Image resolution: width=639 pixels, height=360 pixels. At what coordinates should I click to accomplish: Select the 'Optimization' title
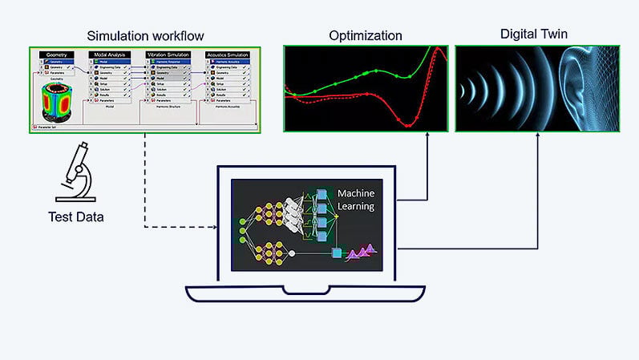[366, 35]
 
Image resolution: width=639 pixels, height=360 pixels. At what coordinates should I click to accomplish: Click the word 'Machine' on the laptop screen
[356, 194]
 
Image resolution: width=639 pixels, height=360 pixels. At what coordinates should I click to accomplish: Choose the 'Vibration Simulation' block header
[168, 54]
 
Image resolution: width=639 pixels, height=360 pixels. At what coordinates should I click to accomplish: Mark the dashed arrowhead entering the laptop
[216, 227]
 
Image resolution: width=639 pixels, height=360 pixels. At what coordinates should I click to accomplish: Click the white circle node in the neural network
[292, 253]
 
